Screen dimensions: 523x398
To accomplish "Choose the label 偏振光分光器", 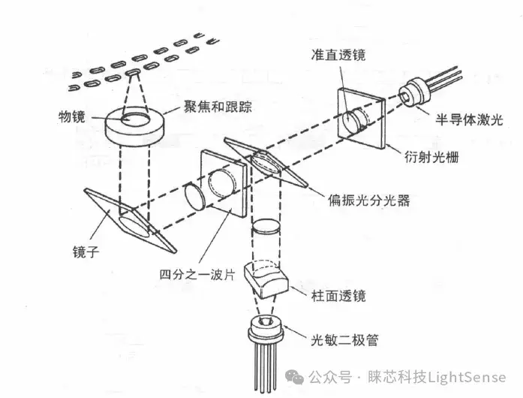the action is pyautogui.click(x=368, y=200).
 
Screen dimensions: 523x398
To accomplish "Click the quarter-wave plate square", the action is pyautogui.click(x=224, y=184).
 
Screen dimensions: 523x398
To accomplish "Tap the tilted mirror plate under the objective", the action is pyautogui.click(x=131, y=221).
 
